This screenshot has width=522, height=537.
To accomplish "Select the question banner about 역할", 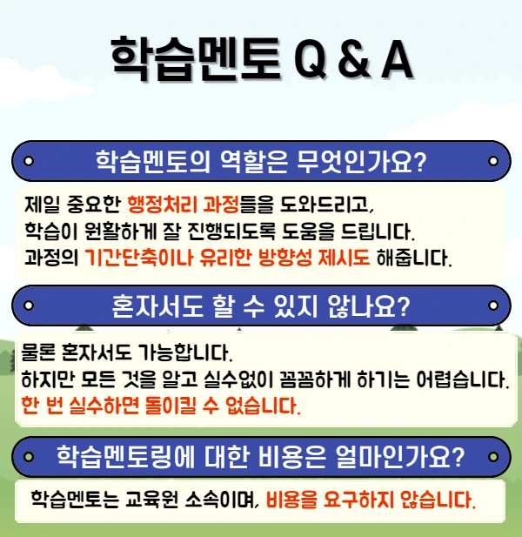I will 261,161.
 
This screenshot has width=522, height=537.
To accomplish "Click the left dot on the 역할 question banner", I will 28,161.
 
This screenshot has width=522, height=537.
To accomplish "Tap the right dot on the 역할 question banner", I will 493,161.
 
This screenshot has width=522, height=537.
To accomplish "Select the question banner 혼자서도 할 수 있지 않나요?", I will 261,306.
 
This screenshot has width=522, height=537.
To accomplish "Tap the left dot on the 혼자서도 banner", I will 28,306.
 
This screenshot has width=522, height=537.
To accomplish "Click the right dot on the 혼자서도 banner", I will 493,306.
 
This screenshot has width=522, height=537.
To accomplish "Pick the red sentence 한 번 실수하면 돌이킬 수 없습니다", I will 160,406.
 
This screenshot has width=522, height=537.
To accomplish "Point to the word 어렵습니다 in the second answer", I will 466,380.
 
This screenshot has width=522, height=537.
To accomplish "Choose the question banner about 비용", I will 261,455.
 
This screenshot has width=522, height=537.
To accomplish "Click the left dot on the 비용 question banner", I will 28,455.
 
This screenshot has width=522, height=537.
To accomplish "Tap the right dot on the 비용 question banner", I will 493,455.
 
